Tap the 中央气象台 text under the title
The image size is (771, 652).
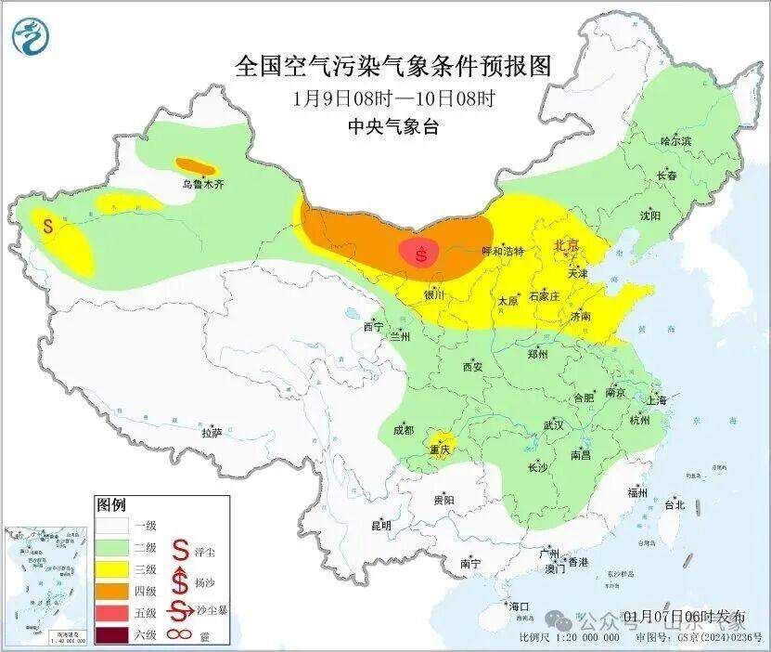click(392, 127)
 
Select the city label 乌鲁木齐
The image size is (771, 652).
click(202, 185)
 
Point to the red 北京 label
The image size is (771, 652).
click(566, 245)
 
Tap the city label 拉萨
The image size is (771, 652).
click(212, 432)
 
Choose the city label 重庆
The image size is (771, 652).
click(439, 450)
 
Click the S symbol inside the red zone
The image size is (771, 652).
click(423, 253)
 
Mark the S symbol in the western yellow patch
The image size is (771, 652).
click(47, 225)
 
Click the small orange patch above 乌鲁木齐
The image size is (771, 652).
click(197, 167)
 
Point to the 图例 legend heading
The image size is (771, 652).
click(110, 505)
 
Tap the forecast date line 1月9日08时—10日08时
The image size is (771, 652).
click(392, 98)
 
